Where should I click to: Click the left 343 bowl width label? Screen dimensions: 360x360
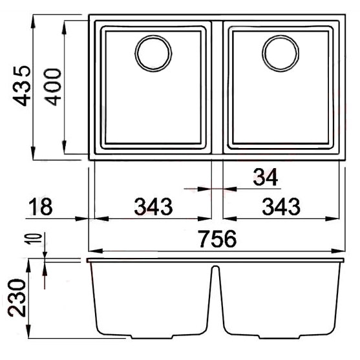(154, 207)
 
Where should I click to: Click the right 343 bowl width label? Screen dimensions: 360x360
(280, 207)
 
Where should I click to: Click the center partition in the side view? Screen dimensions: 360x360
(217, 297)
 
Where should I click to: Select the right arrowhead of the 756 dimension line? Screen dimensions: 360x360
(341, 250)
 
